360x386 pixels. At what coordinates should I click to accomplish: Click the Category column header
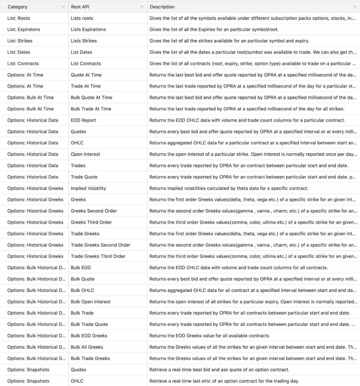[x=17, y=7]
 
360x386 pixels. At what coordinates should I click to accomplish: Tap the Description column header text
[x=162, y=7]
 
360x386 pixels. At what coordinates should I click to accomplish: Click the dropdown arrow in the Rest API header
[x=142, y=7]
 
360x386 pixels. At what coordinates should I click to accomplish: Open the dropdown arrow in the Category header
[x=63, y=7]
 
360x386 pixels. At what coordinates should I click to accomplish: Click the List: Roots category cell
[x=18, y=18]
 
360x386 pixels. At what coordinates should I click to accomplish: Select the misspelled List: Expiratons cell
[x=23, y=30]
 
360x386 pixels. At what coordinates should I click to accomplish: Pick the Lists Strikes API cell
[x=84, y=41]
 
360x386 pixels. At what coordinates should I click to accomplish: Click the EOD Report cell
[x=83, y=120]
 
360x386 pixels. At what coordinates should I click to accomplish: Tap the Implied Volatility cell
[x=88, y=188]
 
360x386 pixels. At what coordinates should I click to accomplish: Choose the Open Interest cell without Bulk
[x=85, y=154]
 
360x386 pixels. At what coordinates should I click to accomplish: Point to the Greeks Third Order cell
[x=92, y=222]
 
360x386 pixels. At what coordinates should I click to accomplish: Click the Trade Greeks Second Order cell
[x=100, y=245]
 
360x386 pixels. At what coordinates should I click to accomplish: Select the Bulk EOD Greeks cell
[x=89, y=336]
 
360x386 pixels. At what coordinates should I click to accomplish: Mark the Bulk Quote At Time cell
[x=92, y=98]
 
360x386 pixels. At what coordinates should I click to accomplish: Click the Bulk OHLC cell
[x=82, y=290]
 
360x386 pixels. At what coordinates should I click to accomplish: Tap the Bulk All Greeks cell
[x=87, y=347]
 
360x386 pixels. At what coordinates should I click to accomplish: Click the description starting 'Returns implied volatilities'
[x=229, y=188]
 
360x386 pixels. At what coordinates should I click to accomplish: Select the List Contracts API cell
[x=86, y=63]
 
